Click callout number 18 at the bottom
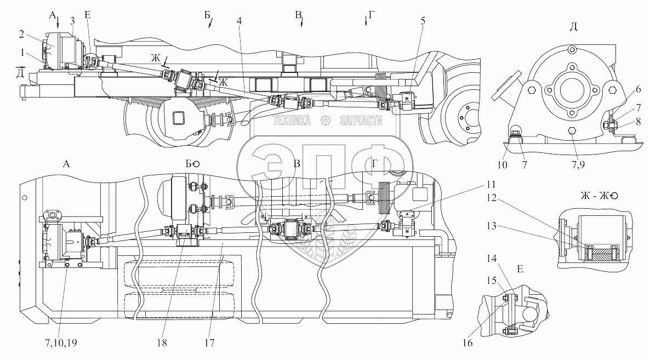162,342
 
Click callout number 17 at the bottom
209,342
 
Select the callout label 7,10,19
61,343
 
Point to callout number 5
423,21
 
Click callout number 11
491,184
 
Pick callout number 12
491,198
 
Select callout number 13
491,226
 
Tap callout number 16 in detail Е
467,342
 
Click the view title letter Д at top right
573,27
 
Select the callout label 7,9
578,164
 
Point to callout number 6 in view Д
638,89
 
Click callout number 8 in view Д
638,122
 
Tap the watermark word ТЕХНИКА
292,121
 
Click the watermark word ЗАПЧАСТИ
361,121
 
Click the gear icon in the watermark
326,121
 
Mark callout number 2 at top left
21,33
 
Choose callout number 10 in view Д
503,164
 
